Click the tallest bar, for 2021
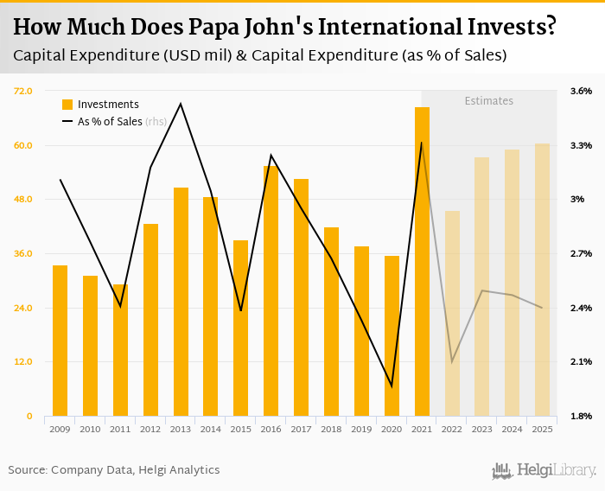click(422, 259)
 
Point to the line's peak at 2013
click(181, 104)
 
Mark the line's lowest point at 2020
click(392, 386)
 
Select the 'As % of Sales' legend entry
click(110, 122)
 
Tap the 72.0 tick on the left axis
click(22, 91)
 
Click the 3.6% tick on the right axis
click(581, 91)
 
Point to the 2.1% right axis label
click(581, 361)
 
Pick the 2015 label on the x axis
click(241, 429)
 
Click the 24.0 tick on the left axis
click(22, 308)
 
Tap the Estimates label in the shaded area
click(489, 101)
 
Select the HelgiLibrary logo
click(544, 470)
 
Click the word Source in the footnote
click(28, 470)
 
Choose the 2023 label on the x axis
click(481, 429)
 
